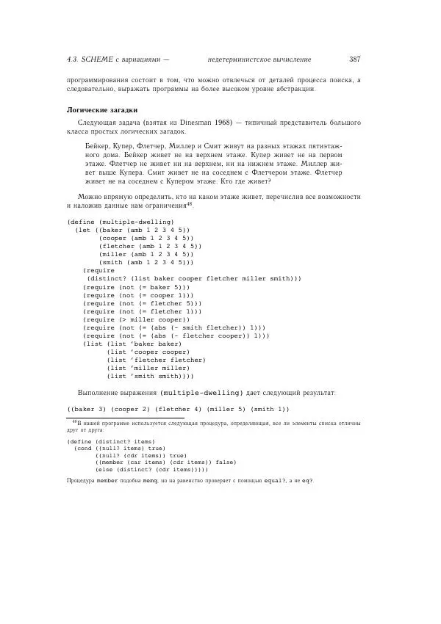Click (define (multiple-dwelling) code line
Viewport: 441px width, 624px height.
pos(120,222)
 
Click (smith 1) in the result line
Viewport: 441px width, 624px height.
pos(269,409)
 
